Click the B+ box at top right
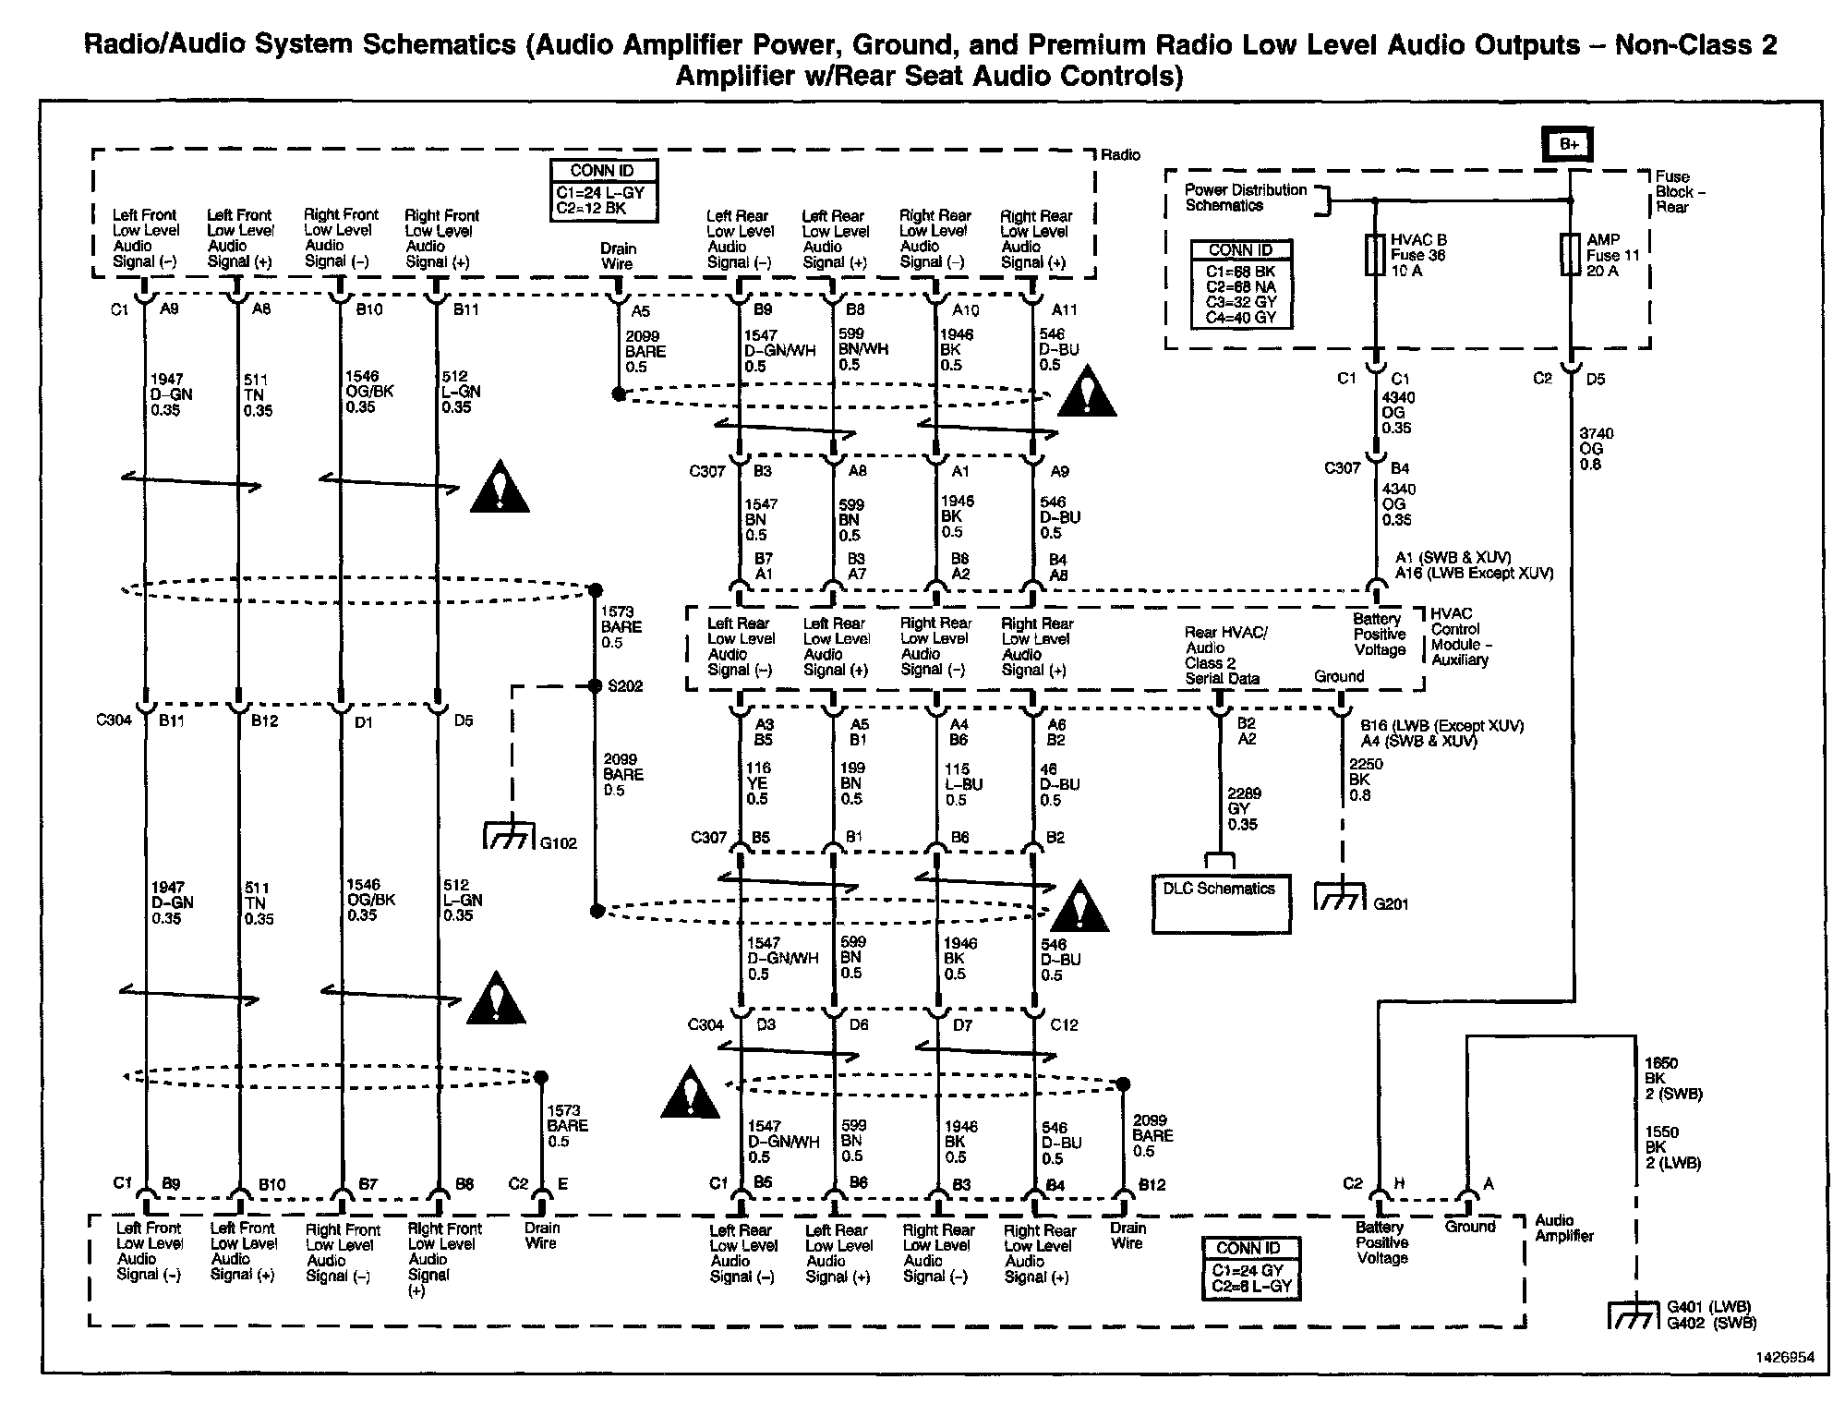click(1569, 144)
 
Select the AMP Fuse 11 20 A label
click(1611, 255)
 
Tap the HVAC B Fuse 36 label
click(1417, 255)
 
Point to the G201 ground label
click(1391, 904)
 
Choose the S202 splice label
click(624, 686)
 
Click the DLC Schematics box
click(1220, 904)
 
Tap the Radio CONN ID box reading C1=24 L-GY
click(603, 190)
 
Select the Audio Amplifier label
click(1563, 1228)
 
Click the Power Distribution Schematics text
click(1246, 198)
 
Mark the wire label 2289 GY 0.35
click(1243, 808)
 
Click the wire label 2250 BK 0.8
click(1366, 780)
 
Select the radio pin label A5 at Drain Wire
click(640, 311)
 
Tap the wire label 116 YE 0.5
click(758, 783)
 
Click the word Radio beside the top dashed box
click(1120, 155)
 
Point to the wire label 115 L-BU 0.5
click(962, 784)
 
